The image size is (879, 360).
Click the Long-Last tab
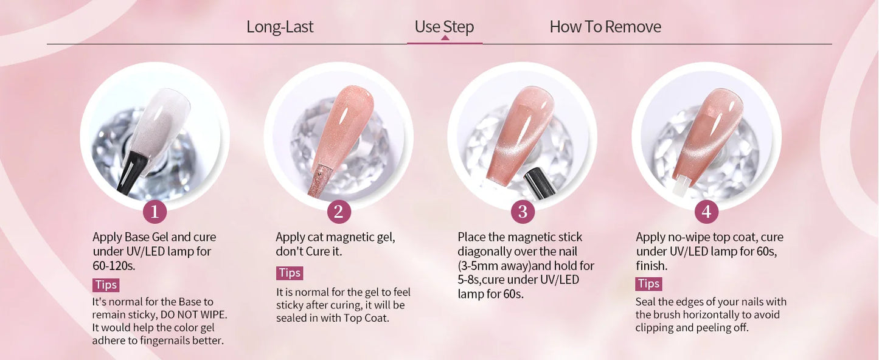click(280, 27)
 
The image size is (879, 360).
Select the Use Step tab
click(444, 27)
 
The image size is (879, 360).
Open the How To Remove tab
click(605, 27)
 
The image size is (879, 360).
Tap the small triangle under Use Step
click(445, 38)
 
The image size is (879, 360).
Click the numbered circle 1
click(155, 212)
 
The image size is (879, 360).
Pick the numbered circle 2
click(339, 212)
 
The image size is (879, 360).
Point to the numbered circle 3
click(523, 212)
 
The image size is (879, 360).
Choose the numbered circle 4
click(706, 212)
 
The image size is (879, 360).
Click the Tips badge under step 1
click(106, 285)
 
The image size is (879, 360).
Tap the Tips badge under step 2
click(290, 273)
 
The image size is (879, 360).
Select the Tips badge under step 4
click(648, 284)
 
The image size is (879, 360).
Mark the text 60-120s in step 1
click(114, 266)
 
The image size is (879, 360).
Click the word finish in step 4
click(651, 266)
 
